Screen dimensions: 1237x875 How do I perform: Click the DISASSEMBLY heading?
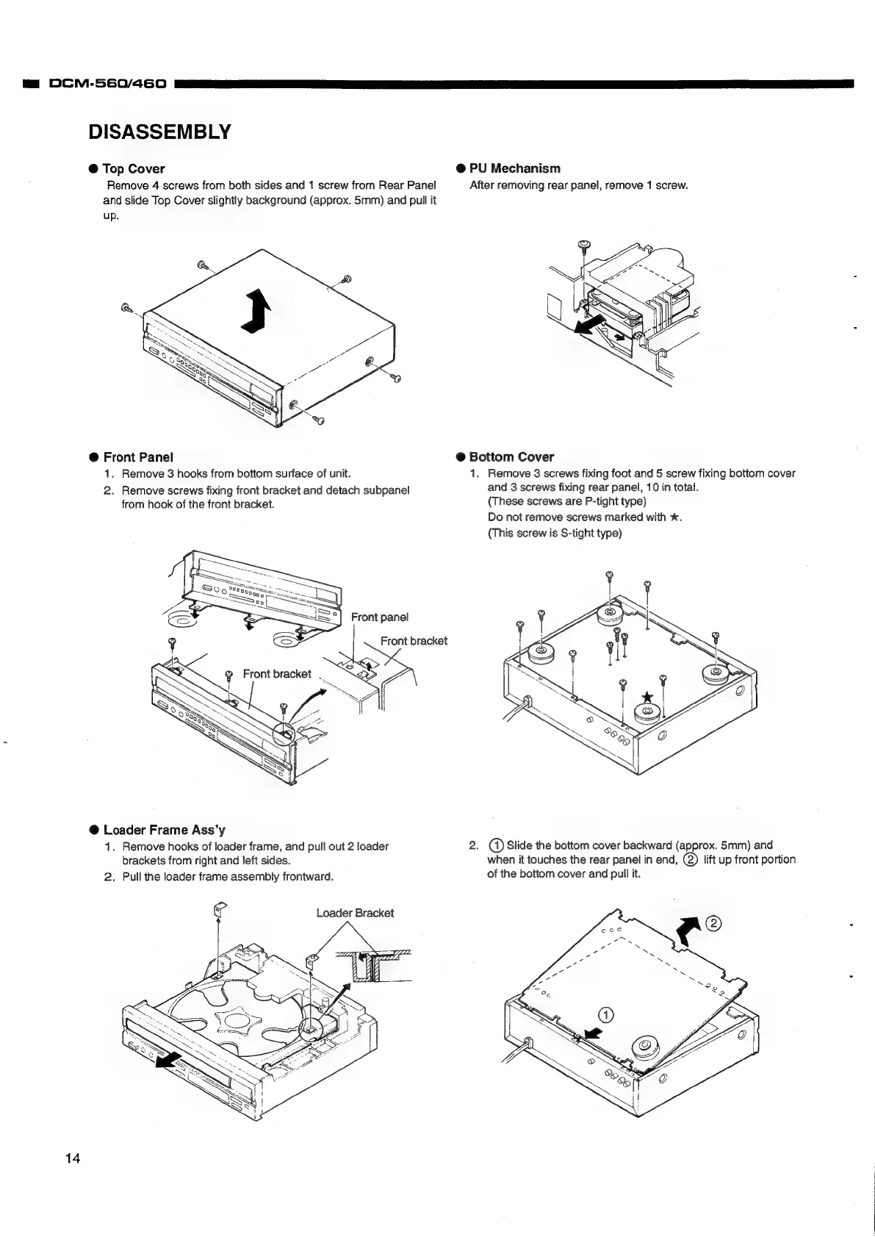[159, 132]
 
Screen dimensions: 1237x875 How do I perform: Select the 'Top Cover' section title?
[134, 169]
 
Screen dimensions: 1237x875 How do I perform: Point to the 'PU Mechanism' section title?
[514, 168]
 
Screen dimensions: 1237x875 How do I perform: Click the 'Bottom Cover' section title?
[511, 457]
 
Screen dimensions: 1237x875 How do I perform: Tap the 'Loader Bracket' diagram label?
[355, 913]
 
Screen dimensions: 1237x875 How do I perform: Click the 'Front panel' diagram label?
[379, 617]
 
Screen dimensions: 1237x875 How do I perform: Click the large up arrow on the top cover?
[256, 312]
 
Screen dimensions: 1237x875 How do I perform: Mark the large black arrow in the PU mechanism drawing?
[591, 324]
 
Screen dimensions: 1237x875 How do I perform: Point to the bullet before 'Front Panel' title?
[94, 457]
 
